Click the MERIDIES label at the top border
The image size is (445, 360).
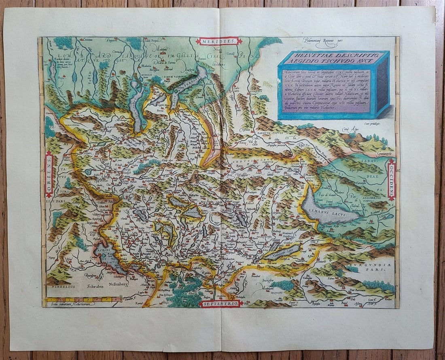click(x=219, y=41)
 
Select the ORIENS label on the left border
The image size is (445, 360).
click(x=49, y=174)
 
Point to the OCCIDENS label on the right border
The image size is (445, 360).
click(x=391, y=180)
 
